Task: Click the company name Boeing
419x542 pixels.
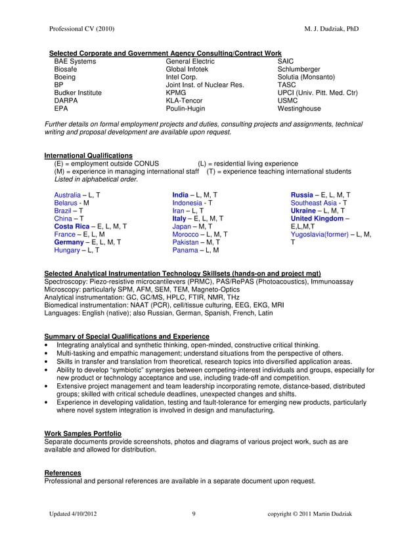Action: coord(65,77)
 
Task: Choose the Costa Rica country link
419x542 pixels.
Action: coord(73,226)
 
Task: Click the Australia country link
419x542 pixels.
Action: coord(68,196)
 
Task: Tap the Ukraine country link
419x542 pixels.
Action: coord(307,211)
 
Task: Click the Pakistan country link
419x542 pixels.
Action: coord(187,242)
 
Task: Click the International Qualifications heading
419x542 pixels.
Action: coord(88,156)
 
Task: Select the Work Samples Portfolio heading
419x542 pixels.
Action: coord(83,434)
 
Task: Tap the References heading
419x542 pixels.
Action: coord(62,472)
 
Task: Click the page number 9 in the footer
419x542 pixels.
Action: coord(194,513)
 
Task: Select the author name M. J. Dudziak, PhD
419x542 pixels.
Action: coord(332,29)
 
